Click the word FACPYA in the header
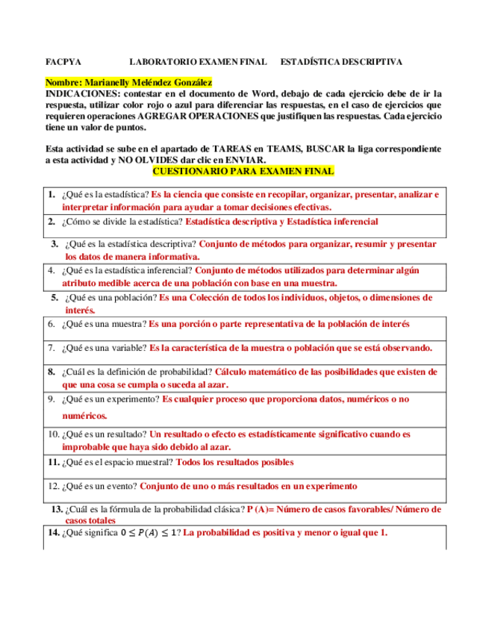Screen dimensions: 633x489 pos(63,63)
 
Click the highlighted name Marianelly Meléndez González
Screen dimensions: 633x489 pos(128,82)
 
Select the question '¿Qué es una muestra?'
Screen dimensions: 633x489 pos(105,325)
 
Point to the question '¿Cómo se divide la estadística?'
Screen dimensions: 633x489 pos(122,222)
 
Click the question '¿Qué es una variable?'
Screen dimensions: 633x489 pos(105,348)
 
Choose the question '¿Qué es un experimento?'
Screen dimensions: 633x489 pos(111,399)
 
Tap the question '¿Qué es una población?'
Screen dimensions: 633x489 pos(111,297)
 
